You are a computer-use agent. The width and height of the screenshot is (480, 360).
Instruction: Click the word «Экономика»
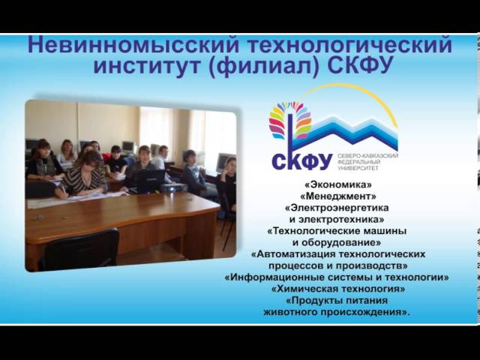click(338, 184)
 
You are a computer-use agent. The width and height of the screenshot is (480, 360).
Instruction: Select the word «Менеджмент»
click(338, 196)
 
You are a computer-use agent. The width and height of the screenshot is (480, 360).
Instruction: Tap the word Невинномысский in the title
click(133, 45)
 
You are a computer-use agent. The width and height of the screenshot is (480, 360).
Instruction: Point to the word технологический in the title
click(349, 45)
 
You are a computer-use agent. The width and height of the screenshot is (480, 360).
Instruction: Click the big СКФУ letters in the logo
click(301, 162)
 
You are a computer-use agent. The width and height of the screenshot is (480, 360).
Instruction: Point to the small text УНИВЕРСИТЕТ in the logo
click(358, 168)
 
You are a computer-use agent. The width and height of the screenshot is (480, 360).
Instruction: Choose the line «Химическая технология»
click(338, 289)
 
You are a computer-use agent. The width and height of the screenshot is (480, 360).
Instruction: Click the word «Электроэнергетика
click(337, 208)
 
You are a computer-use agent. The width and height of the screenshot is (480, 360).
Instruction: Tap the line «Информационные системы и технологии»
click(337, 277)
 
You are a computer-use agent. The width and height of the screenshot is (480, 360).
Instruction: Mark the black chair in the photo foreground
click(81, 250)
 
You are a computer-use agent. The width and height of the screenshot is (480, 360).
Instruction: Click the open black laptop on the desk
click(149, 181)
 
